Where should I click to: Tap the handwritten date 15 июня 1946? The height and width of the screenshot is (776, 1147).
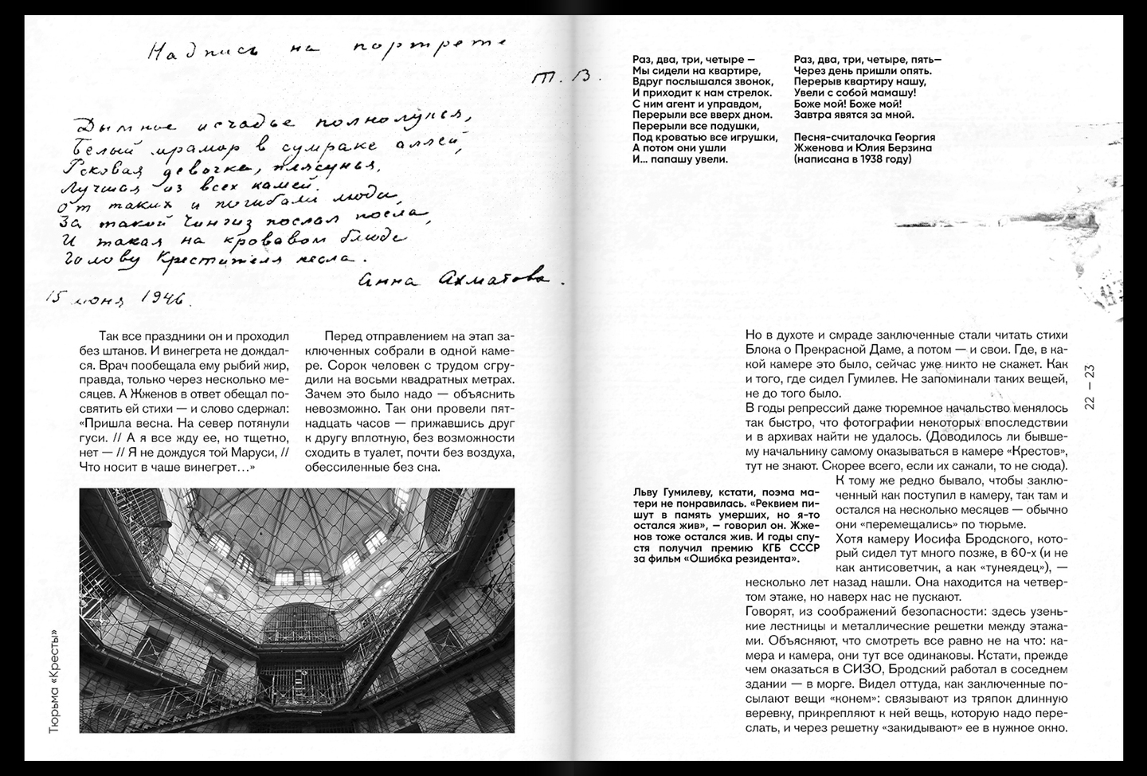click(x=116, y=298)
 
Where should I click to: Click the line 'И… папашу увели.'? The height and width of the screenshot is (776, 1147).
click(x=681, y=159)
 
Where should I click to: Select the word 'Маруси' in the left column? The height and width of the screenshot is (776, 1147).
click(x=249, y=453)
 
